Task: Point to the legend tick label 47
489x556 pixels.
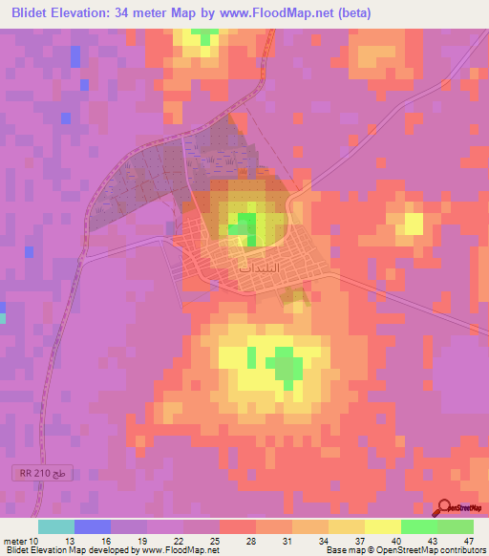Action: click(468, 541)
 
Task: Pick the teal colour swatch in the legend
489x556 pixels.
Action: click(56, 526)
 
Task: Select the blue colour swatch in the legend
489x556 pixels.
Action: click(93, 526)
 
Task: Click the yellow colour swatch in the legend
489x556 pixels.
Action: click(383, 526)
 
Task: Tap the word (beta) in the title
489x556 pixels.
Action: click(351, 13)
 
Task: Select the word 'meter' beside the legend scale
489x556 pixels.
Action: click(15, 541)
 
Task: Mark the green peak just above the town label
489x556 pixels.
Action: click(246, 225)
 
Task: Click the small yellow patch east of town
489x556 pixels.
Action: click(413, 224)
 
